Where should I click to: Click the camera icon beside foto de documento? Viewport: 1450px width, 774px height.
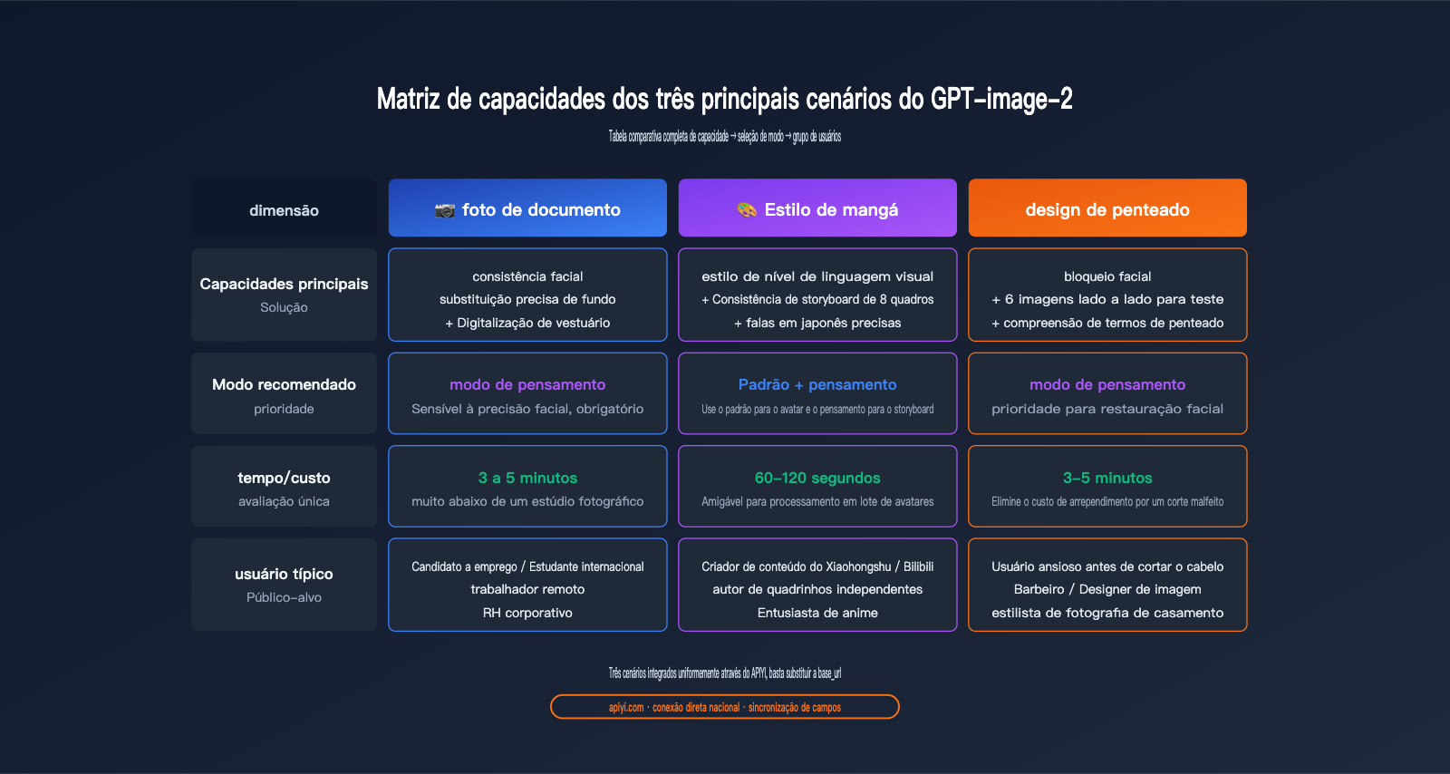445,210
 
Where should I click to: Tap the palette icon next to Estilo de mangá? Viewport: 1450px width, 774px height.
747,209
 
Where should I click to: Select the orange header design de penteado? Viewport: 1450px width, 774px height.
1107,208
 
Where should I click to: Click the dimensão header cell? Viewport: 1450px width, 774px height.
285,208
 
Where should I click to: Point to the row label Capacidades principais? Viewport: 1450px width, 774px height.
285,284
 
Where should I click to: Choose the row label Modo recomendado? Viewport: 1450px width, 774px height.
285,384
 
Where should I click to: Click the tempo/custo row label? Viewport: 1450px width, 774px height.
285,478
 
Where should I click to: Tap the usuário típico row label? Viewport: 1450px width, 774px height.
285,574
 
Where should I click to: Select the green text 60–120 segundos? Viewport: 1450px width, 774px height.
817,478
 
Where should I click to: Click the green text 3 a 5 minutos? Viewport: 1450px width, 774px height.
527,478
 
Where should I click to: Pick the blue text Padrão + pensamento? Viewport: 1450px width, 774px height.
817,384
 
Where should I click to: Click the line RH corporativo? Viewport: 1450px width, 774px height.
527,613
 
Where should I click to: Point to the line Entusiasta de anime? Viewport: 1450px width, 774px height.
817,613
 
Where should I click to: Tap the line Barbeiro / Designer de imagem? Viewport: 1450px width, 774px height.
1107,589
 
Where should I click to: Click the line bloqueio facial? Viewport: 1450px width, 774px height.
1107,276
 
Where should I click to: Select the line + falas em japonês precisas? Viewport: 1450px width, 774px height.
817,323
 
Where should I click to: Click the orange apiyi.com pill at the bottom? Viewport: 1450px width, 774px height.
725,707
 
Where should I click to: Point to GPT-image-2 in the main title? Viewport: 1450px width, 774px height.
1001,99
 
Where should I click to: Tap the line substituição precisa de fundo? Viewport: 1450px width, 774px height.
527,300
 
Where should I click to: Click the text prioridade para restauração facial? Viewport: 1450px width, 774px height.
1107,409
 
